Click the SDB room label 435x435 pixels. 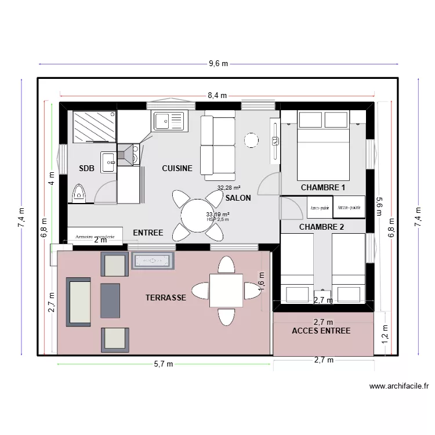click(86, 169)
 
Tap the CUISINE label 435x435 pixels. click(177, 169)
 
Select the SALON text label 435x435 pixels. click(238, 198)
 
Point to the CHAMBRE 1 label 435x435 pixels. click(322, 188)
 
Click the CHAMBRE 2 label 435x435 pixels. click(321, 227)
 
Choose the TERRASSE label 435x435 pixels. click(166, 298)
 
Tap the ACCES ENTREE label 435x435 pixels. click(321, 331)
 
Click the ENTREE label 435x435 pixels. click(148, 233)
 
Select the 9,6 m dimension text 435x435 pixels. click(218, 64)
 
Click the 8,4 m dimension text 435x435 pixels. click(218, 96)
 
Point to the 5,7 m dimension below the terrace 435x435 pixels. click(164, 364)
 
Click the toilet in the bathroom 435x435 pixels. click(79, 193)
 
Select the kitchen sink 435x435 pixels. click(169, 121)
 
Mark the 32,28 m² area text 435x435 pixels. click(229, 188)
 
